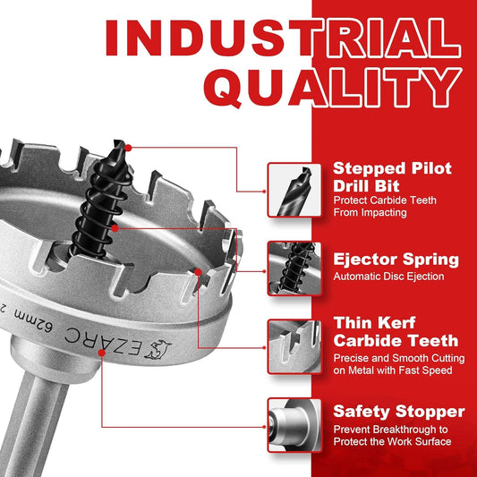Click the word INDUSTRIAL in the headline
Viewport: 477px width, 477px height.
pos(283,38)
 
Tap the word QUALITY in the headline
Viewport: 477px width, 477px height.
pos(333,88)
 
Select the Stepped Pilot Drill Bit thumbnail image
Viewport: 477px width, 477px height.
pos(294,190)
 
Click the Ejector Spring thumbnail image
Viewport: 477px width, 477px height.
pos(294,268)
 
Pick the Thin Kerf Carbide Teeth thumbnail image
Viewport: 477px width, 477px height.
pos(294,347)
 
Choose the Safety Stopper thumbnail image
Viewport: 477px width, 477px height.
pos(294,425)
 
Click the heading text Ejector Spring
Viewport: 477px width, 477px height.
pos(396,260)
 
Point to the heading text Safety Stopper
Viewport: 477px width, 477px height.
pos(399,412)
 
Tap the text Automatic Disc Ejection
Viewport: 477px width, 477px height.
pos(388,277)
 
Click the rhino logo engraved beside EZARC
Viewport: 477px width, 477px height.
pos(158,349)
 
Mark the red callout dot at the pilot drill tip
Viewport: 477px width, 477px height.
pos(128,149)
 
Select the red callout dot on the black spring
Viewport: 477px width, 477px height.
pos(115,228)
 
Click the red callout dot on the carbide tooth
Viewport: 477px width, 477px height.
pos(198,272)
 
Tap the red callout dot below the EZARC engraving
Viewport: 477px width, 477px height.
pos(102,353)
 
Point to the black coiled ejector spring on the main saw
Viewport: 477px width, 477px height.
pos(98,210)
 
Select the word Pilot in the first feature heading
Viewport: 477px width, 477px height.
pos(431,168)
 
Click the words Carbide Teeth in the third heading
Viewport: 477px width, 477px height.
pos(396,341)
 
